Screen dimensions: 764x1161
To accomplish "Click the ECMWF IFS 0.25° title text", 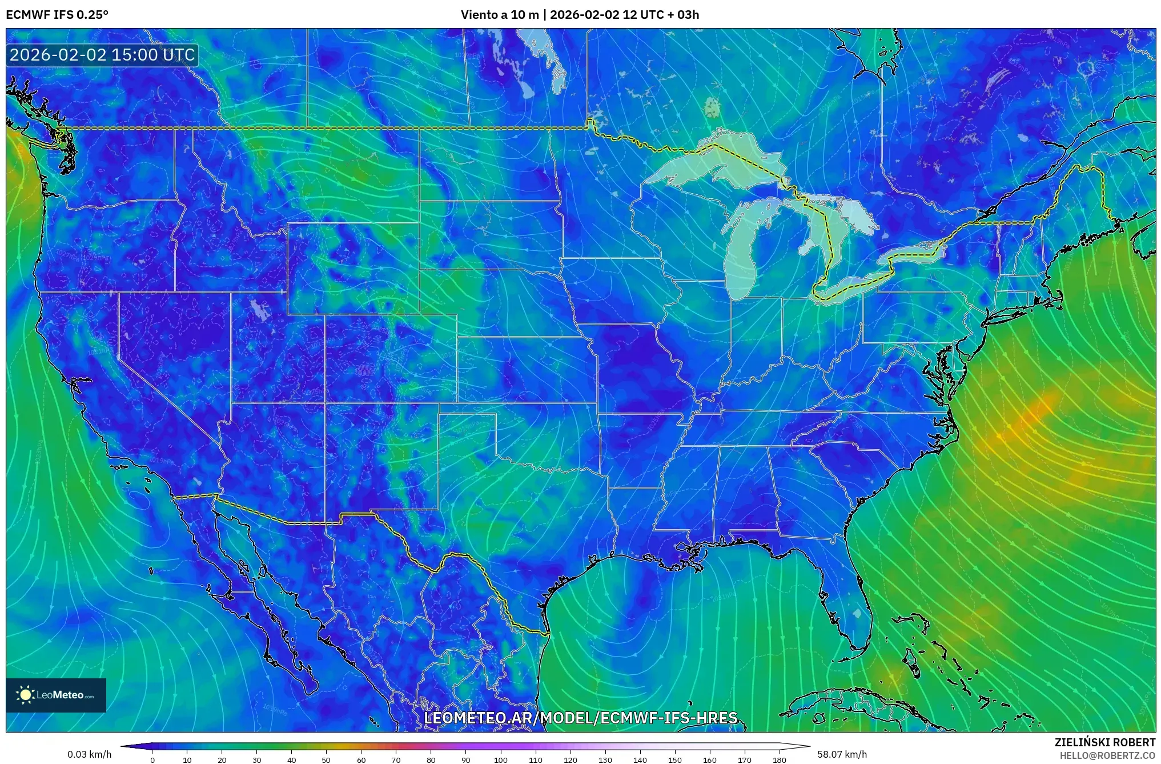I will click(x=57, y=15).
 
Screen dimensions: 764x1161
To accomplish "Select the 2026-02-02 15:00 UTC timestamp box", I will click(x=102, y=55).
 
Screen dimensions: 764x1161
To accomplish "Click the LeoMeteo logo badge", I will click(x=56, y=695).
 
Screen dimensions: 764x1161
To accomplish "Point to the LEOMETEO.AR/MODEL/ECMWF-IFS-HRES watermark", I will click(x=581, y=718).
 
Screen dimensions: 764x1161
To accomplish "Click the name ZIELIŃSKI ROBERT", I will click(x=1104, y=742).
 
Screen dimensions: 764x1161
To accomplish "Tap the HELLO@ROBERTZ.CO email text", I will click(x=1107, y=755).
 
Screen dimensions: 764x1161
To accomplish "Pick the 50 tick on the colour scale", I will click(x=326, y=760).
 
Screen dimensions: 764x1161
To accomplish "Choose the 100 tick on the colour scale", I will click(x=500, y=760).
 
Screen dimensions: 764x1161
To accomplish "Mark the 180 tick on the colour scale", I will click(x=779, y=760).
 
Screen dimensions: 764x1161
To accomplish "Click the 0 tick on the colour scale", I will click(x=152, y=760).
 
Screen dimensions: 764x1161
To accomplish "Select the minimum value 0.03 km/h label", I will click(x=89, y=754).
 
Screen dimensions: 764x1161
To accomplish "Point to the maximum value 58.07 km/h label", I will click(x=842, y=754).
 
